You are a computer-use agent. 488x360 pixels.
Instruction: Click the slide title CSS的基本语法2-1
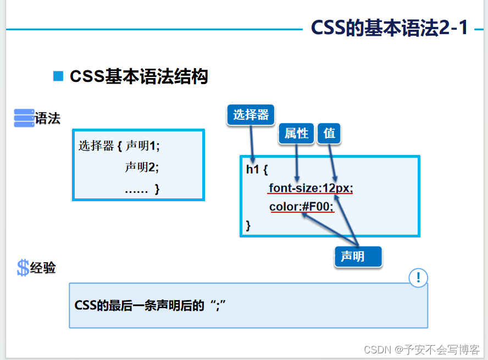point(389,28)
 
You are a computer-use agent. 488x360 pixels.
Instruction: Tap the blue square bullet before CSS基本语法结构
point(58,76)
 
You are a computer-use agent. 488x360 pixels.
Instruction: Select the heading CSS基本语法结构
point(138,76)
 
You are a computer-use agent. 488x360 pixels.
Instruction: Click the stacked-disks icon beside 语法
point(24,118)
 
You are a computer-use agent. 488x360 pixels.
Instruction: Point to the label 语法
point(47,118)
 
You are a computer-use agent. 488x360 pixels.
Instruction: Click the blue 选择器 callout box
point(251,114)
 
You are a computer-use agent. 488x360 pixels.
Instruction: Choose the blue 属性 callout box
point(297,133)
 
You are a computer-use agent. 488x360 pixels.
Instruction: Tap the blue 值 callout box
point(329,133)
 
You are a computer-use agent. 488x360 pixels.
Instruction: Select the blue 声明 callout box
point(358,257)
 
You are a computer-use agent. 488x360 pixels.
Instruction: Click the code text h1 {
point(257,169)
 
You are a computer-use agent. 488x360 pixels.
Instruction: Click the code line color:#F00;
point(301,207)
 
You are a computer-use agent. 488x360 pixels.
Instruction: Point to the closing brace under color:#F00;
point(248,225)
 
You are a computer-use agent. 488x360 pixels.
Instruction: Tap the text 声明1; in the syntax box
point(142,146)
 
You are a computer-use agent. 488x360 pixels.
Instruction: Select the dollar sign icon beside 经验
point(23,268)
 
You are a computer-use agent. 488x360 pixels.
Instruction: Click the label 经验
point(43,268)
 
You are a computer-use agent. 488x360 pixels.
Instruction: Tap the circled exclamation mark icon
point(418,278)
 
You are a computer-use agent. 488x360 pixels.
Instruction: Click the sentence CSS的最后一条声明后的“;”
point(151,305)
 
